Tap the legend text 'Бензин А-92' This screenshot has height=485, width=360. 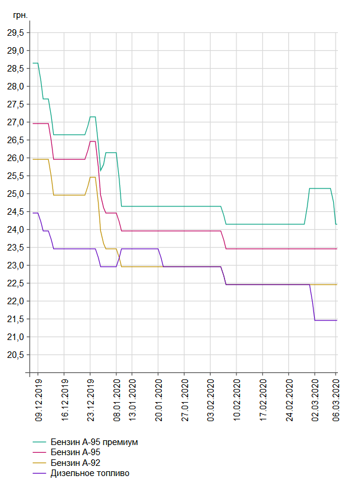click(75, 463)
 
